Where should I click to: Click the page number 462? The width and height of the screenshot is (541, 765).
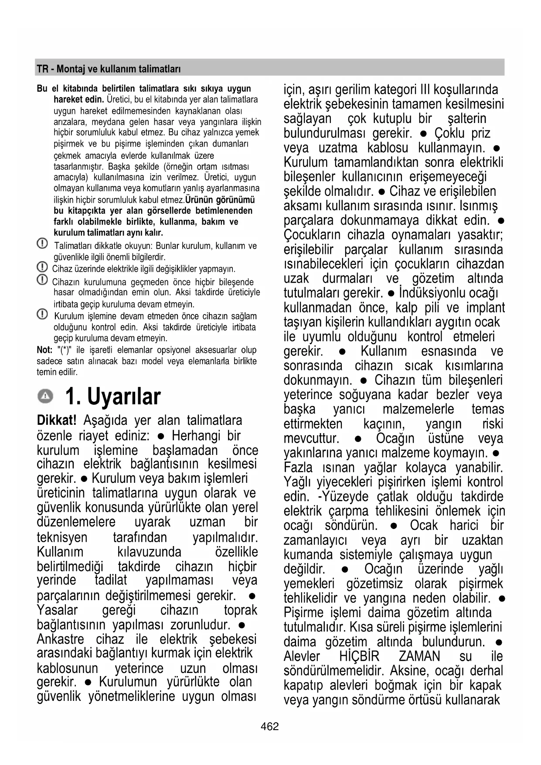(x=269, y=726)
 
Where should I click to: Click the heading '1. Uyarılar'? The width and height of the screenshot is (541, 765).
(x=113, y=396)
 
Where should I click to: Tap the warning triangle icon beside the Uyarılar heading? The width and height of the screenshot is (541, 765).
(x=45, y=396)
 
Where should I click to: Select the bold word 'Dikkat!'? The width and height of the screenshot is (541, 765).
(x=56, y=420)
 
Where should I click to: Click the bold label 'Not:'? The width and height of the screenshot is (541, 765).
(x=44, y=350)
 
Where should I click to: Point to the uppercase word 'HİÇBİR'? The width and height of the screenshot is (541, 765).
(x=359, y=656)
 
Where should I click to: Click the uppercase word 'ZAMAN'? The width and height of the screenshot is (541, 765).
(x=419, y=656)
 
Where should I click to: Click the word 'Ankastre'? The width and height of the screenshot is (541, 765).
(x=61, y=639)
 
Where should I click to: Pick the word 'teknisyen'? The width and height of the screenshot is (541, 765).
(x=62, y=537)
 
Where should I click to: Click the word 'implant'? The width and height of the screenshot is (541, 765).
(x=485, y=307)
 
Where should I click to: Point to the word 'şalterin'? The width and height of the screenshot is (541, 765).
(x=467, y=119)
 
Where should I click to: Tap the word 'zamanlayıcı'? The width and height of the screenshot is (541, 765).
(x=315, y=540)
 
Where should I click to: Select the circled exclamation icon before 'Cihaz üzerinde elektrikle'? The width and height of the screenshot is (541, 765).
(x=42, y=266)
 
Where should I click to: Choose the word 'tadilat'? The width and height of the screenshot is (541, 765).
(x=111, y=580)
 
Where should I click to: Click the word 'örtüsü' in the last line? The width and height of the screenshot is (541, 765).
(x=441, y=700)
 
